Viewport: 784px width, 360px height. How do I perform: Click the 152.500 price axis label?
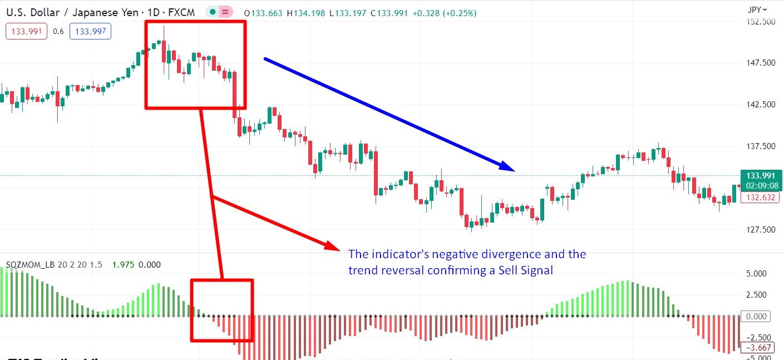(x=760, y=22)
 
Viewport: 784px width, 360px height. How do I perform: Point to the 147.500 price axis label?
(x=760, y=63)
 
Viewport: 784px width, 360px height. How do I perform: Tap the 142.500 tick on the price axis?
(x=760, y=105)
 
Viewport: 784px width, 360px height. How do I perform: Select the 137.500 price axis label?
(x=760, y=146)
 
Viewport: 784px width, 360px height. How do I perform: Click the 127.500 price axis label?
(x=760, y=230)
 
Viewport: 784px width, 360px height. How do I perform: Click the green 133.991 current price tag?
(x=761, y=175)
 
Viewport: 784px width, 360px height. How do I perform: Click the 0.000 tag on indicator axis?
(x=757, y=317)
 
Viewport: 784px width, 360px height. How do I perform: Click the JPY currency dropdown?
(x=757, y=9)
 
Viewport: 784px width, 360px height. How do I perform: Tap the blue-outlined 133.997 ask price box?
(x=90, y=31)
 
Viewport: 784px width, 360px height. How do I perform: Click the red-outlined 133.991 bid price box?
(x=27, y=31)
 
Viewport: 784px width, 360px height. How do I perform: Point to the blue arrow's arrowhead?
(x=507, y=167)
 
